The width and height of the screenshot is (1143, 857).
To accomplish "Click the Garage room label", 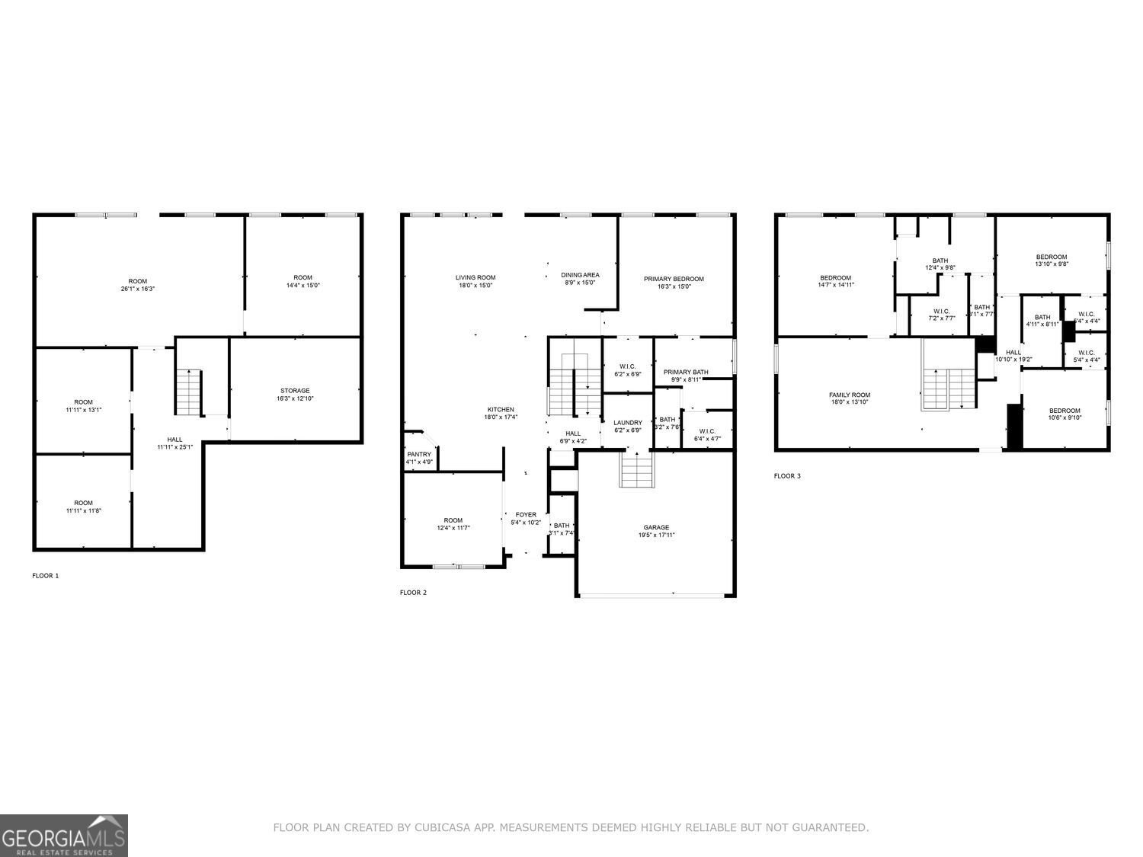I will tap(656, 527).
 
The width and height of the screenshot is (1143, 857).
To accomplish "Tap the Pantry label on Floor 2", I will tap(419, 455).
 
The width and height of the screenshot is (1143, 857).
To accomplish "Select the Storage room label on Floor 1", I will tap(294, 391).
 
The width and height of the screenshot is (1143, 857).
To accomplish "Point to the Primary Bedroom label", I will tap(674, 279).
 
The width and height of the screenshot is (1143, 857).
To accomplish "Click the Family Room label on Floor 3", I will tap(850, 395).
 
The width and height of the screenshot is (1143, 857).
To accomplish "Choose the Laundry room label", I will tap(628, 423).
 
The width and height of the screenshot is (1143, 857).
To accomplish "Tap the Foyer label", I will tap(526, 515).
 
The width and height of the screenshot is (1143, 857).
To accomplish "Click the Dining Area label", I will tap(580, 275).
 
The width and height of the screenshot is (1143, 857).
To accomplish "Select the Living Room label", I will tap(475, 277).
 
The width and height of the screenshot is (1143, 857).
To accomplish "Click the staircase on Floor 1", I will tap(188, 392).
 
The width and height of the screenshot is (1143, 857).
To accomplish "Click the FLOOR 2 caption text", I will tap(414, 592).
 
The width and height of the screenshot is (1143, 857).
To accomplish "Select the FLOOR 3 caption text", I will tap(787, 476).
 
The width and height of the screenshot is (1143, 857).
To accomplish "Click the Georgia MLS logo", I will tap(64, 836).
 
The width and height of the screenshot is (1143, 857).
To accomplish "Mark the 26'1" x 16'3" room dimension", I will tap(138, 289).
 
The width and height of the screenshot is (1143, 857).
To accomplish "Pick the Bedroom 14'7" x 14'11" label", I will tap(836, 278).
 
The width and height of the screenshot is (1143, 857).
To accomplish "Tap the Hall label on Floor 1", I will tap(174, 440).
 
